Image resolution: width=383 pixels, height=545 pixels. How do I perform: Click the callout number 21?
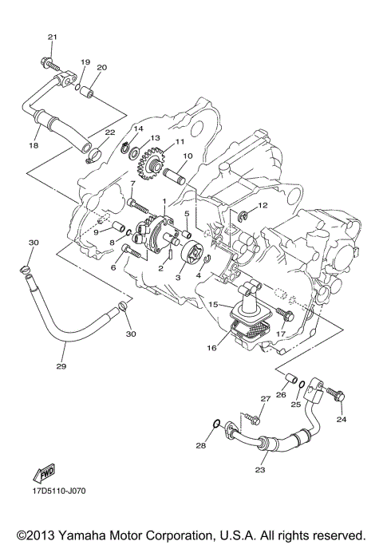(x=53, y=37)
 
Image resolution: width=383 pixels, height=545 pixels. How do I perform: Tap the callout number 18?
(x=34, y=146)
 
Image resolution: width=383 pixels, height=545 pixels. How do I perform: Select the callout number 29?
(x=61, y=367)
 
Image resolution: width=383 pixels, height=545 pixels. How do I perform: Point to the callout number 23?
(x=259, y=470)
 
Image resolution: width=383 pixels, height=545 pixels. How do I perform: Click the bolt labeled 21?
(x=48, y=61)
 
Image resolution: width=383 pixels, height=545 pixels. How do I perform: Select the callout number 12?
(x=263, y=206)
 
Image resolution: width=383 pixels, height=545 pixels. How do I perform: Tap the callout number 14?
(x=138, y=128)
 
